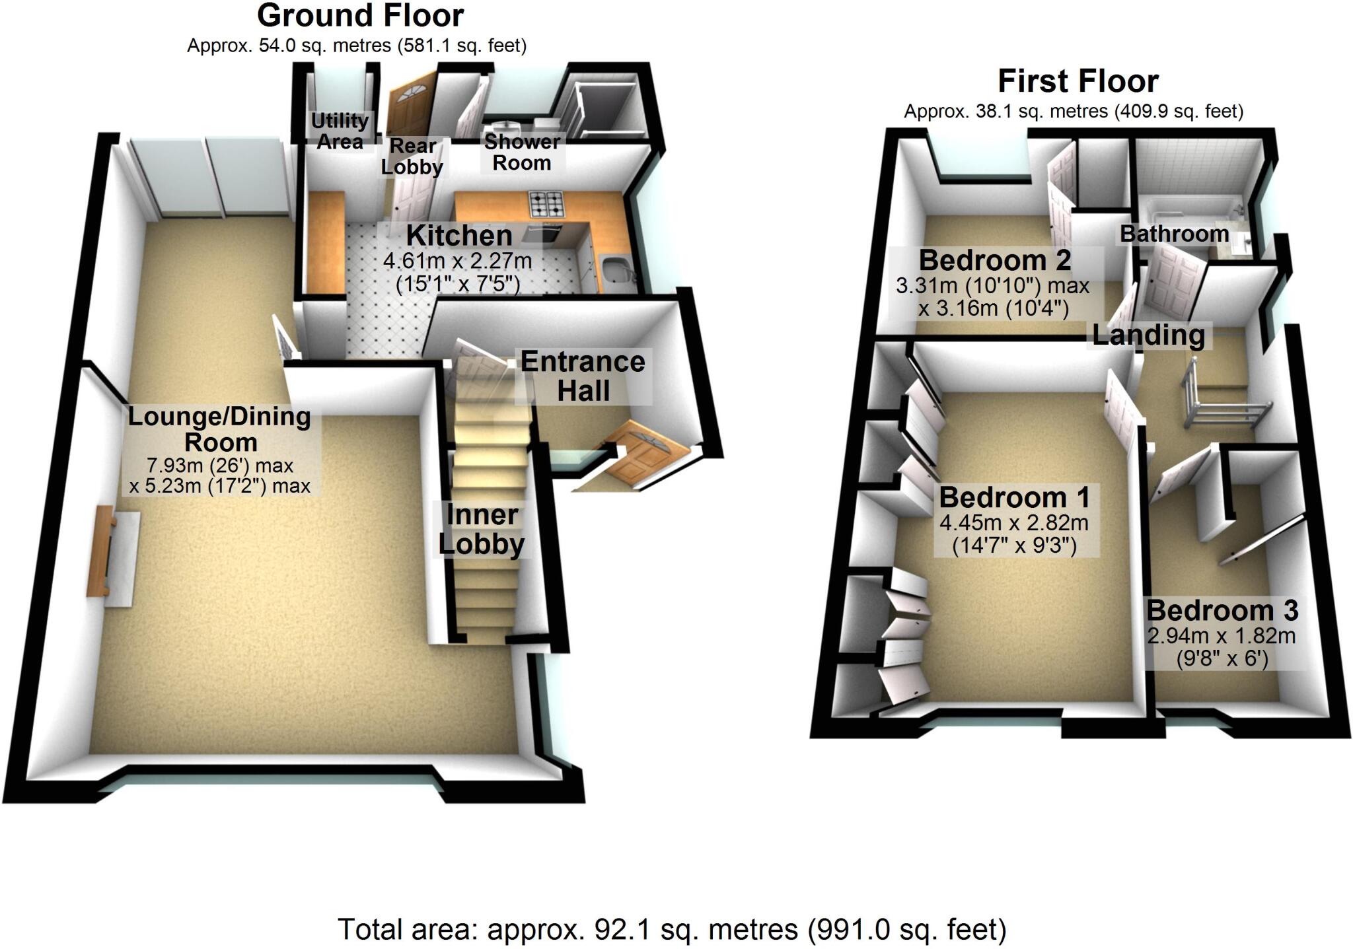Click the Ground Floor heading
coord(360,16)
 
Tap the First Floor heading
coord(1078,82)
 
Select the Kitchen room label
coord(459,236)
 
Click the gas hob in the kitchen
coord(547,205)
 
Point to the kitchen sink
coord(617,269)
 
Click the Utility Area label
coord(340,131)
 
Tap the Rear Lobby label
coord(412,157)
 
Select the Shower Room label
coord(522,153)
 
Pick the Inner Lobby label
coord(482,530)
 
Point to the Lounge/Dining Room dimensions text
coord(220,476)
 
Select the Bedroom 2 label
coord(994,261)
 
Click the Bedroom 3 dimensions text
coord(1221,647)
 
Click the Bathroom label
coord(1174,234)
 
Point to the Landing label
coord(1148,335)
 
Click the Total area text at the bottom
coord(672,930)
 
